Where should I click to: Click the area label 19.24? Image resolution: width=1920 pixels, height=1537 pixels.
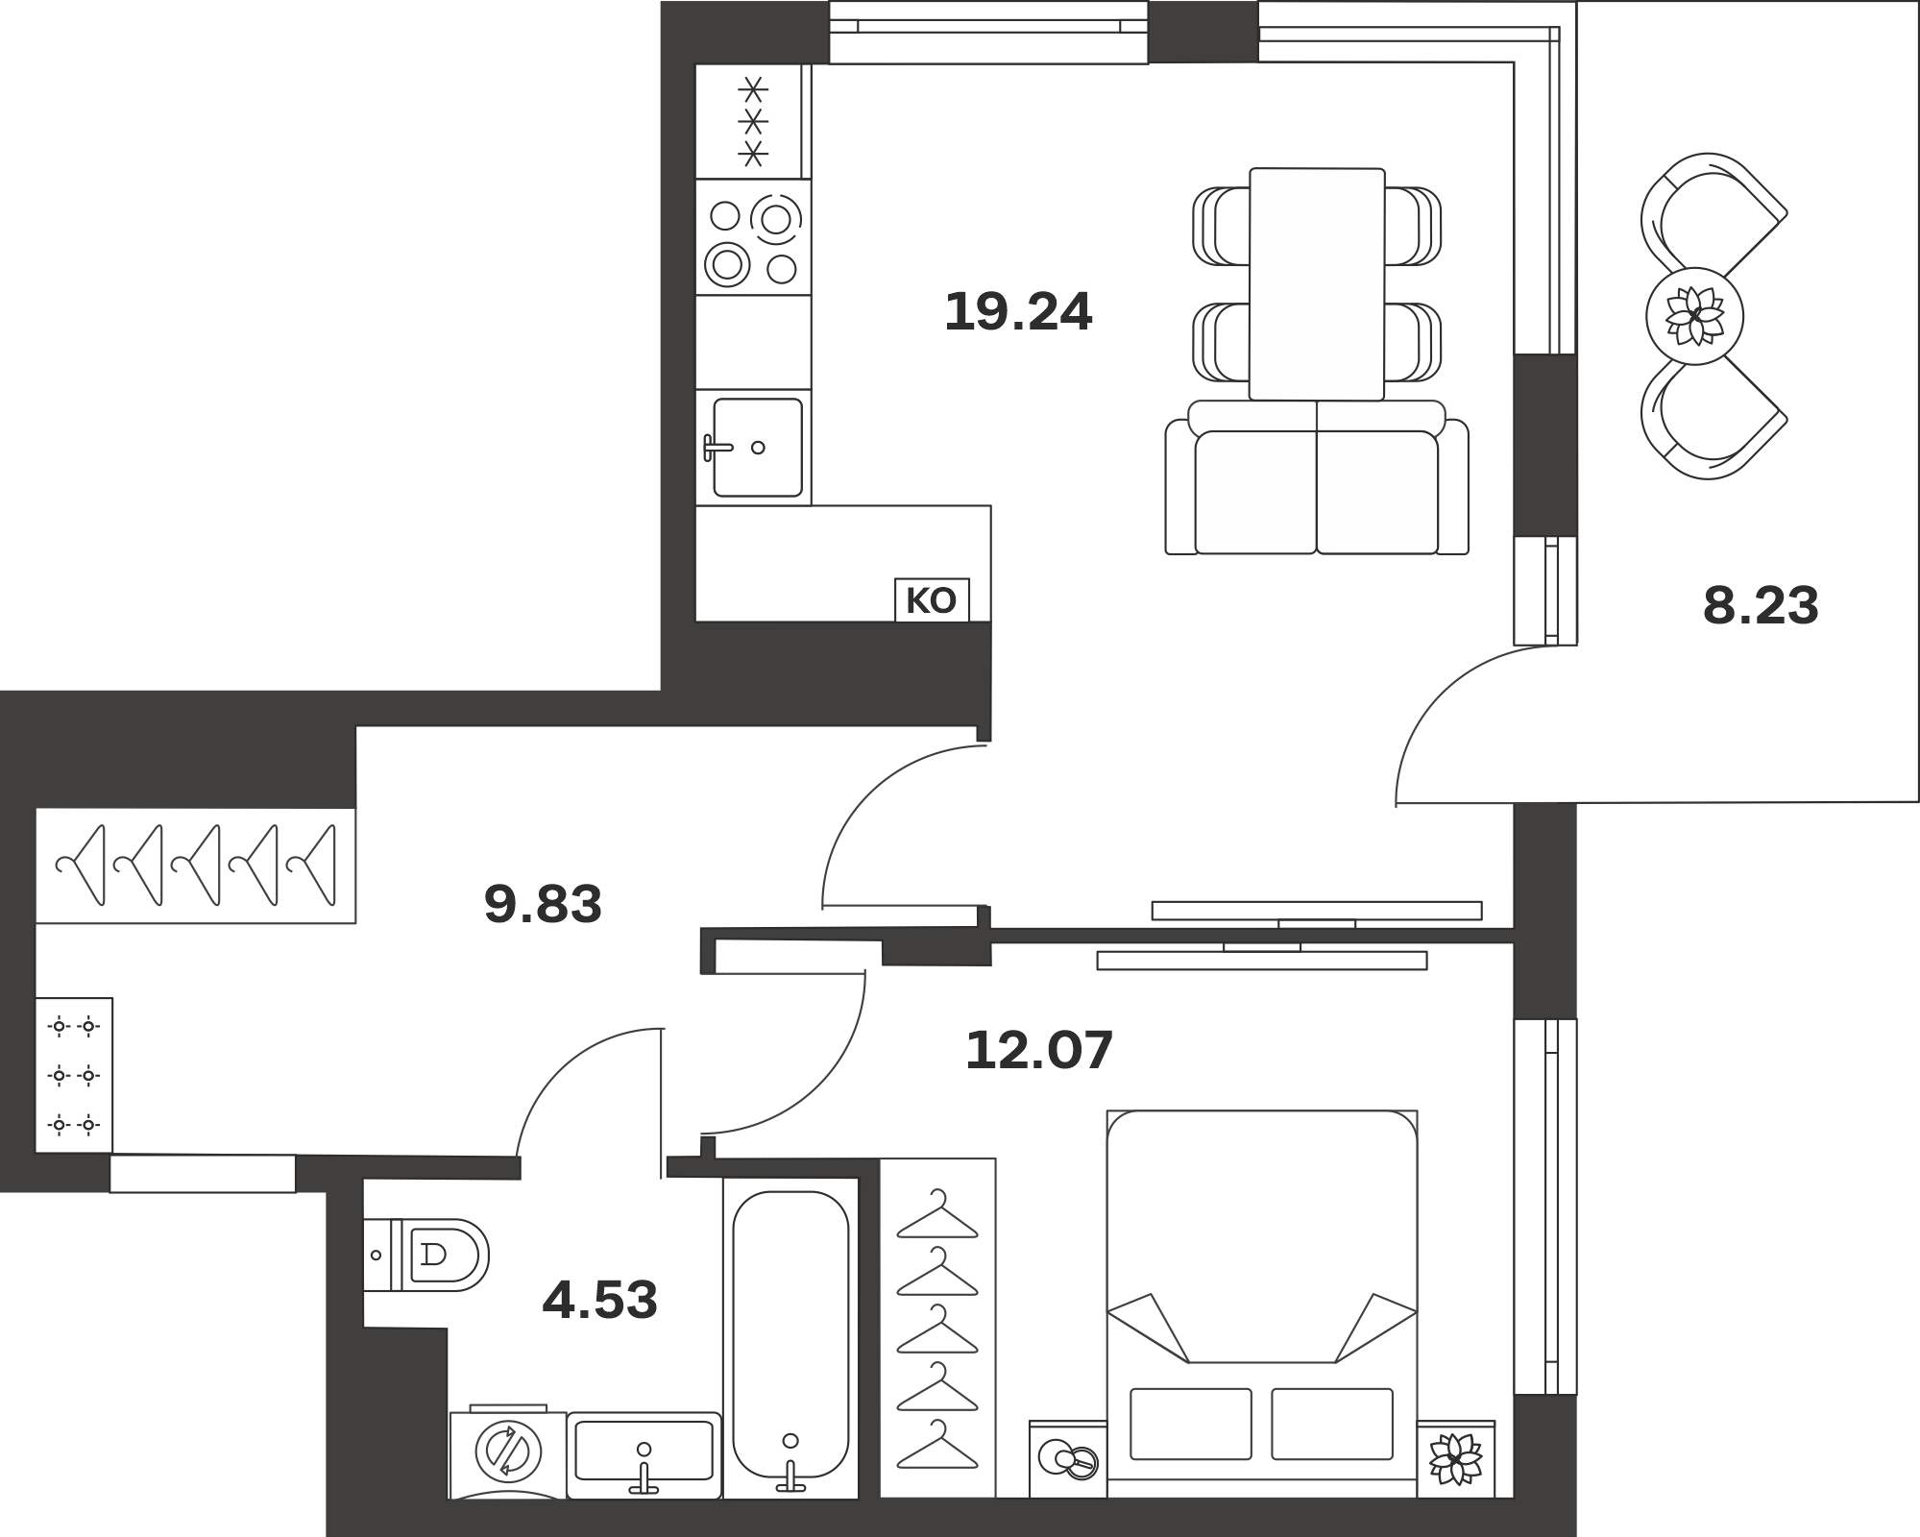[x=1018, y=312]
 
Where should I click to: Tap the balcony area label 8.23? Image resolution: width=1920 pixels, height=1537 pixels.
[x=1761, y=606]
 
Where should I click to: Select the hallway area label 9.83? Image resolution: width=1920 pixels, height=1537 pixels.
[x=543, y=904]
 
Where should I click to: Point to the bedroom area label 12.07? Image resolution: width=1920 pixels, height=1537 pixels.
[x=1039, y=1049]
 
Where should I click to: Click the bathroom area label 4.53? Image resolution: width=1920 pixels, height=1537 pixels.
[x=600, y=1300]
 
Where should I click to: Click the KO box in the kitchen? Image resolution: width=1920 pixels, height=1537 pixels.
[x=932, y=600]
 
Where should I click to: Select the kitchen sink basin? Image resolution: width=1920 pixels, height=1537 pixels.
[x=758, y=448]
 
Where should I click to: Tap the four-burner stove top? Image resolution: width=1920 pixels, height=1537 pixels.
[x=753, y=237]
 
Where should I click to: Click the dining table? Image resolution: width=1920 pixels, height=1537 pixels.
[x=1317, y=284]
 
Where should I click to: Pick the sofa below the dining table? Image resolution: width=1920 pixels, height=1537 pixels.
[x=1317, y=477]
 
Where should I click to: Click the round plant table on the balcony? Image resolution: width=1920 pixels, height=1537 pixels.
[x=1695, y=316]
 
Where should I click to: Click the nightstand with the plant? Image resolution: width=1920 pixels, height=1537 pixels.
[x=1456, y=1459]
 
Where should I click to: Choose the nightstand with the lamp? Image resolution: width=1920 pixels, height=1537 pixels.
[x=1068, y=1459]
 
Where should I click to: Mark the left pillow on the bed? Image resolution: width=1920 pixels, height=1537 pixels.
[x=1191, y=1424]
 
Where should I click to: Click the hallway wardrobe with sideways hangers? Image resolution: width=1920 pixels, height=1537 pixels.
[x=196, y=866]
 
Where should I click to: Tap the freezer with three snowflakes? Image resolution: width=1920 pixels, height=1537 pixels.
[x=753, y=121]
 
